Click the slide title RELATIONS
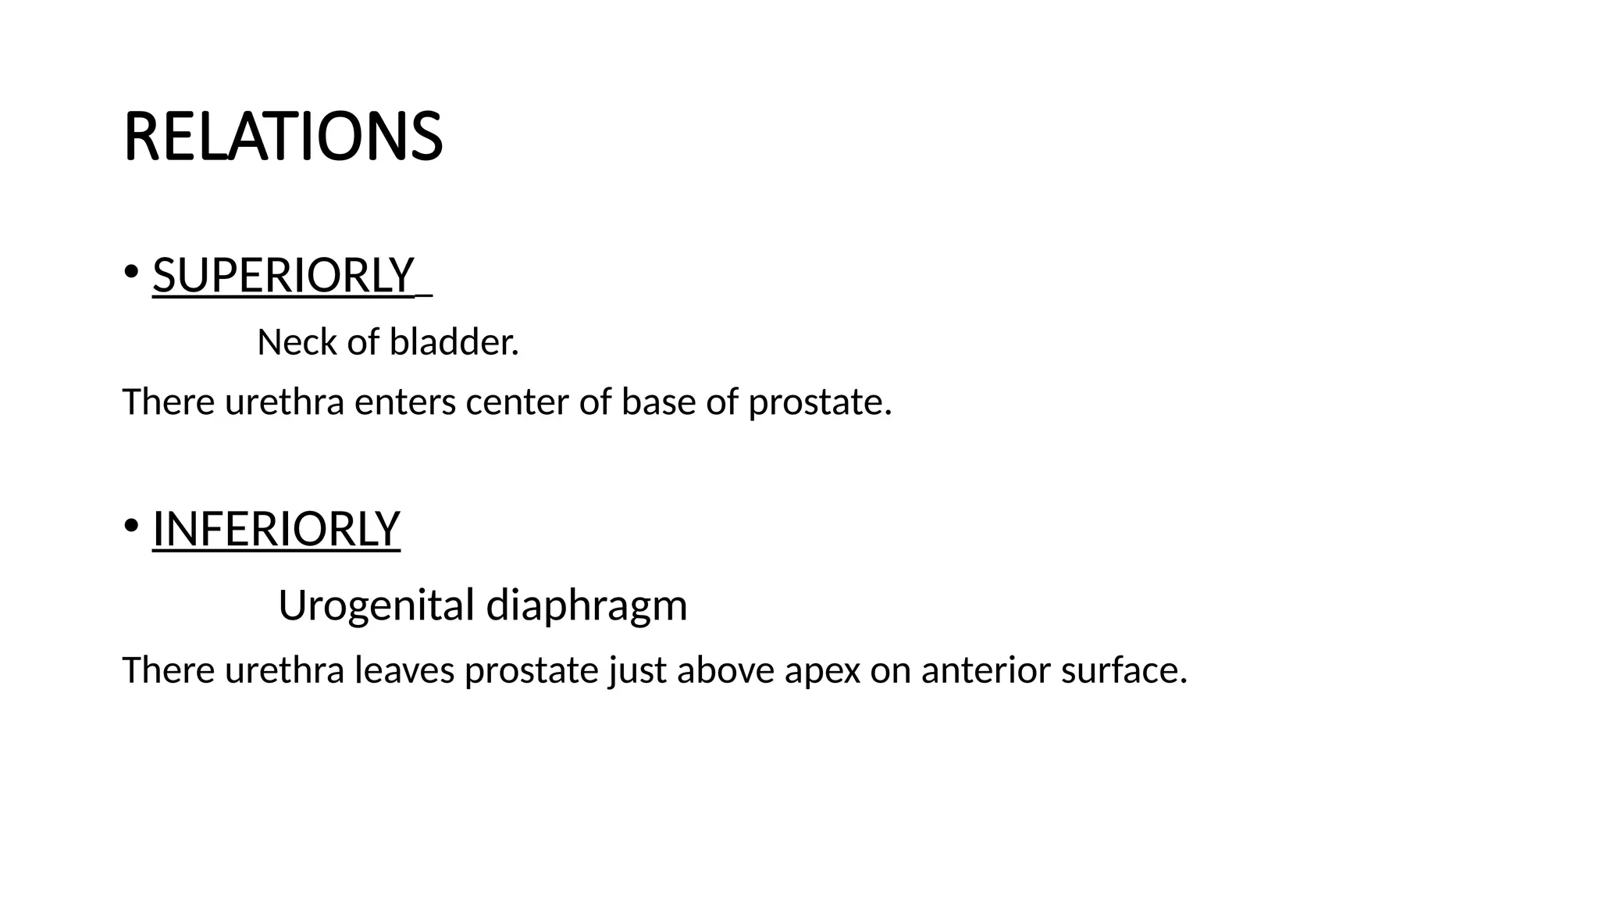[283, 137]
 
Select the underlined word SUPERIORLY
[283, 275]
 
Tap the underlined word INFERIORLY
[276, 529]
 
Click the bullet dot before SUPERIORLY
[130, 272]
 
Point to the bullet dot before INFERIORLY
[130, 525]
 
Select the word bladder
[454, 342]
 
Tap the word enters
[405, 402]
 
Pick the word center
[517, 402]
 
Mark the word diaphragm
[586, 606]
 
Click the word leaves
[404, 670]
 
